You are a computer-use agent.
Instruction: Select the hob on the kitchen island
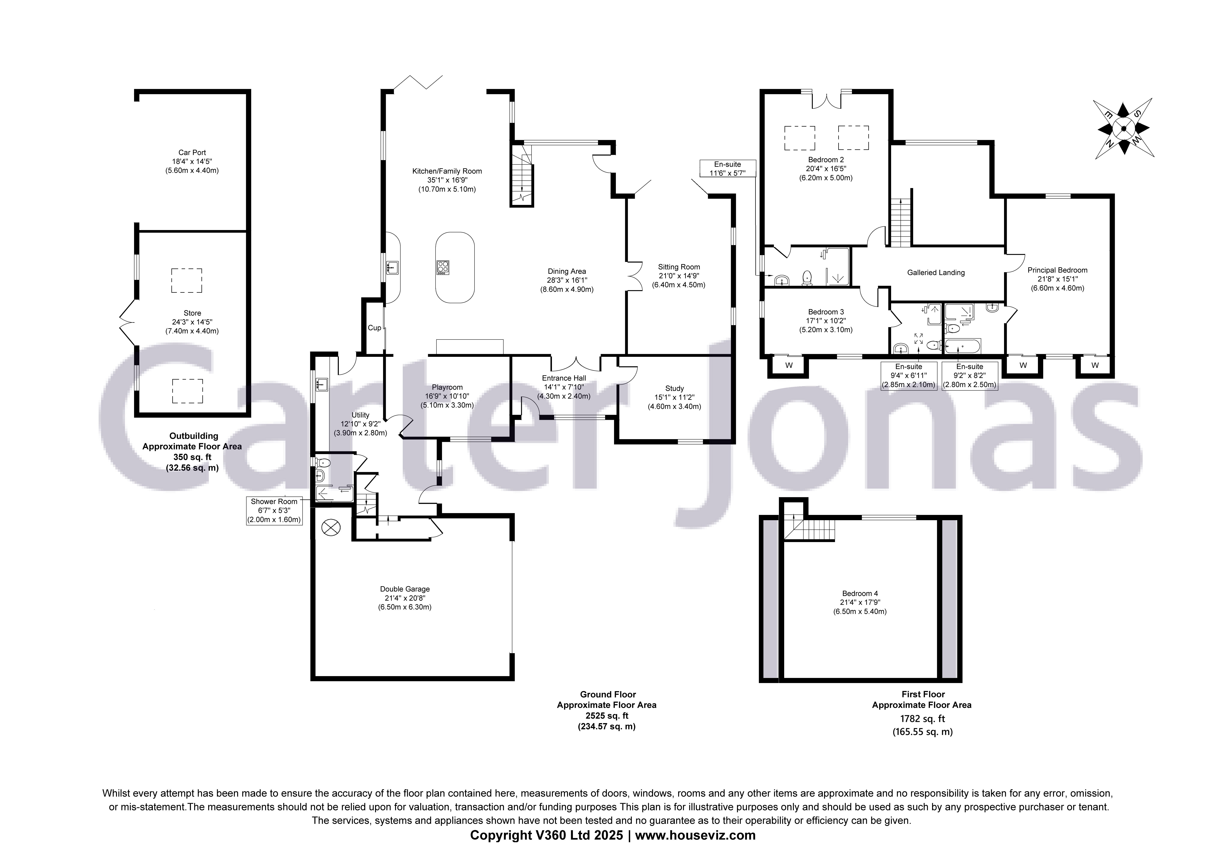tap(442, 267)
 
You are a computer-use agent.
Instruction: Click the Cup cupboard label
tap(374, 328)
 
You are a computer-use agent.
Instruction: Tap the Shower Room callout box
tap(274, 511)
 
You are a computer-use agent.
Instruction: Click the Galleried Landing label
tap(936, 273)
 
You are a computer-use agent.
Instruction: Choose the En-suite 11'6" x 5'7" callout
tap(727, 168)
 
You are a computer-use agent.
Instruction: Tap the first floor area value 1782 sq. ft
tap(922, 719)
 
